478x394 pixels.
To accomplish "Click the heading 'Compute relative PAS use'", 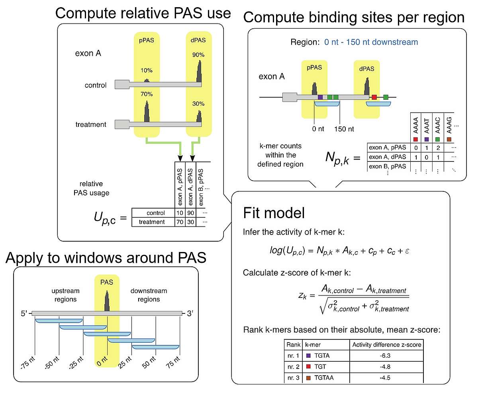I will (143, 13).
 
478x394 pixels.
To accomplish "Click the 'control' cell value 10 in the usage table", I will (180, 213).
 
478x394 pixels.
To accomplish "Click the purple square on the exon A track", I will (320, 97).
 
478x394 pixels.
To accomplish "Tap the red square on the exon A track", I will (374, 97).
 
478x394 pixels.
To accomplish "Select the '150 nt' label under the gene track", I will (345, 129).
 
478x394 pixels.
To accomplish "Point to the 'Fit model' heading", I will (274, 213).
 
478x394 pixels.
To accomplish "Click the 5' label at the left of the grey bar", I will (25, 314).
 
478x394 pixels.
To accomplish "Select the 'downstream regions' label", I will (149, 295).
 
